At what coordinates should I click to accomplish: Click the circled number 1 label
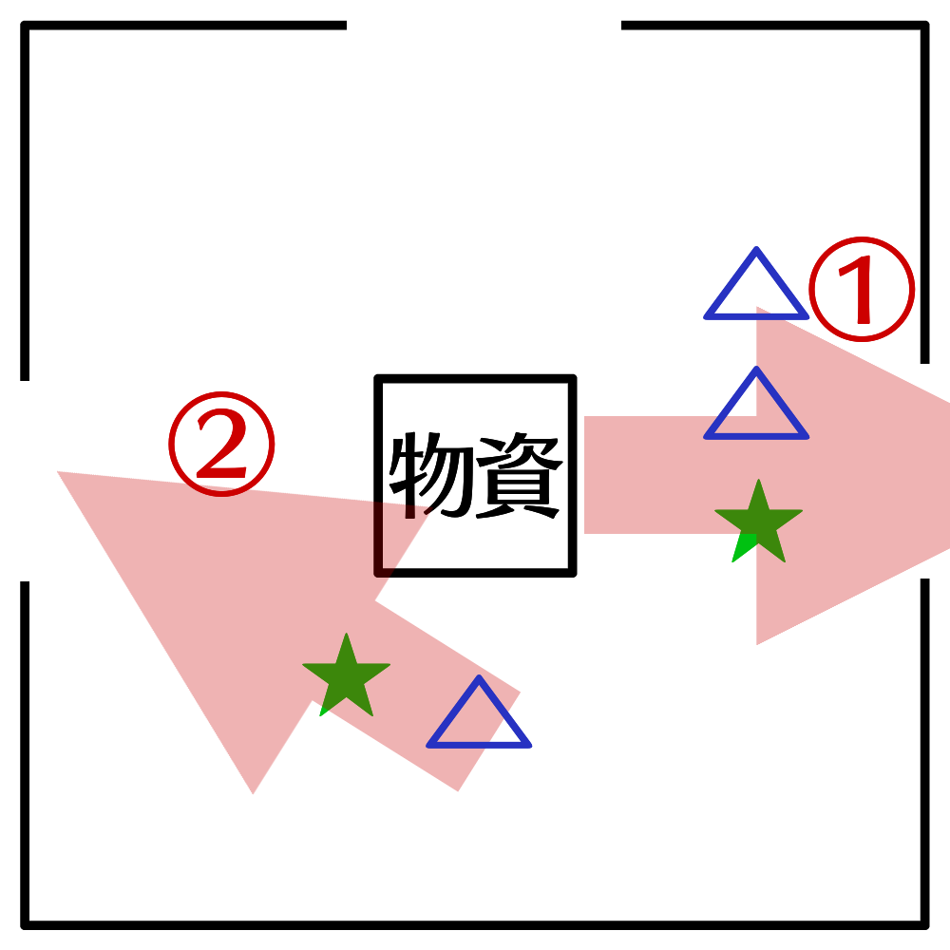click(x=861, y=289)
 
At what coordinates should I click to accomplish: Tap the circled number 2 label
click(x=221, y=444)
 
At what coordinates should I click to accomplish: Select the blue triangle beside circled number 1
click(x=756, y=290)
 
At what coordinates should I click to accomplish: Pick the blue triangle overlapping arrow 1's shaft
click(x=756, y=409)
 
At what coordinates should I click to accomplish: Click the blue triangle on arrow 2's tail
click(x=479, y=717)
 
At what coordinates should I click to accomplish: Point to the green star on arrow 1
click(x=758, y=522)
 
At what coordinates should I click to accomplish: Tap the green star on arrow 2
click(x=346, y=675)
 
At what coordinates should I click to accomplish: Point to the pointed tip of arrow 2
click(x=59, y=471)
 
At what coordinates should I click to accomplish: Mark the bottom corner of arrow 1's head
click(x=756, y=644)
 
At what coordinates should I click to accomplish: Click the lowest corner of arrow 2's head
click(x=254, y=793)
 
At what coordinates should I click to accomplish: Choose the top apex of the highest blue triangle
click(x=756, y=250)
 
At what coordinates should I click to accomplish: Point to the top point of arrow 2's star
click(x=347, y=635)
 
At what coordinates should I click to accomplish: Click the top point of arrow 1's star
click(x=758, y=481)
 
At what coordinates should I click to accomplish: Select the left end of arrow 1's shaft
click(x=585, y=475)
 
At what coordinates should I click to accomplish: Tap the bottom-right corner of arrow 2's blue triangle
click(x=529, y=746)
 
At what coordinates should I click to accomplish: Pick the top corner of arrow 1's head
click(x=757, y=307)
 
